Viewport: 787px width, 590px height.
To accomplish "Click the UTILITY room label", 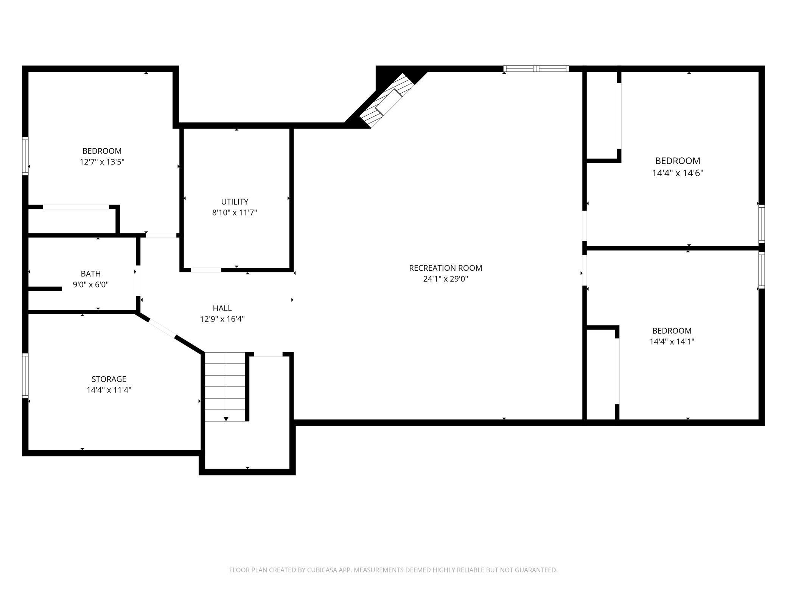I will (x=235, y=202).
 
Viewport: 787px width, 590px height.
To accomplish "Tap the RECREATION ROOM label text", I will (x=445, y=268).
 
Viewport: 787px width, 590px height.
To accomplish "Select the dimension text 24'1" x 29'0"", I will (x=445, y=279).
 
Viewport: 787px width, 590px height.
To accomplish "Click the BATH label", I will (x=91, y=273).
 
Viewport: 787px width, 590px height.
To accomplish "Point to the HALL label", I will (x=222, y=308).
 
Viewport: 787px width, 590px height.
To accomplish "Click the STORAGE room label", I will (x=109, y=379).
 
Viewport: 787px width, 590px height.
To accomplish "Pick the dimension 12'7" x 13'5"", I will (x=102, y=162).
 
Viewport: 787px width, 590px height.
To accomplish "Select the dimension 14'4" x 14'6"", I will (x=677, y=173).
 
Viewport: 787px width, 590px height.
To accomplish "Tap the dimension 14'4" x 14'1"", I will (x=672, y=342).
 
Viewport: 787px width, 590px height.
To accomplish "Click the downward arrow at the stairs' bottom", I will (x=226, y=418).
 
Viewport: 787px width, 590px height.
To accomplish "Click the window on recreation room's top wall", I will (x=536, y=69).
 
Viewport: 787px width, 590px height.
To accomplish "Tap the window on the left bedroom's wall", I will (x=25, y=156).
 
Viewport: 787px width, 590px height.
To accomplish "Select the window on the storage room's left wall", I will (x=25, y=375).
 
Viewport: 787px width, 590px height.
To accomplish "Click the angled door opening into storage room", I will (x=162, y=328).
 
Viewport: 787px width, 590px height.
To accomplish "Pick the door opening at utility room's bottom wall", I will (x=206, y=270).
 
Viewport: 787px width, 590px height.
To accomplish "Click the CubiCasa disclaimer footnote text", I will (x=393, y=570).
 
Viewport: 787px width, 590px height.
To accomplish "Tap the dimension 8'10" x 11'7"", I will (x=235, y=213).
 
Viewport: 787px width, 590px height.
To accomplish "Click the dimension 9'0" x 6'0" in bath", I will (x=91, y=284).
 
